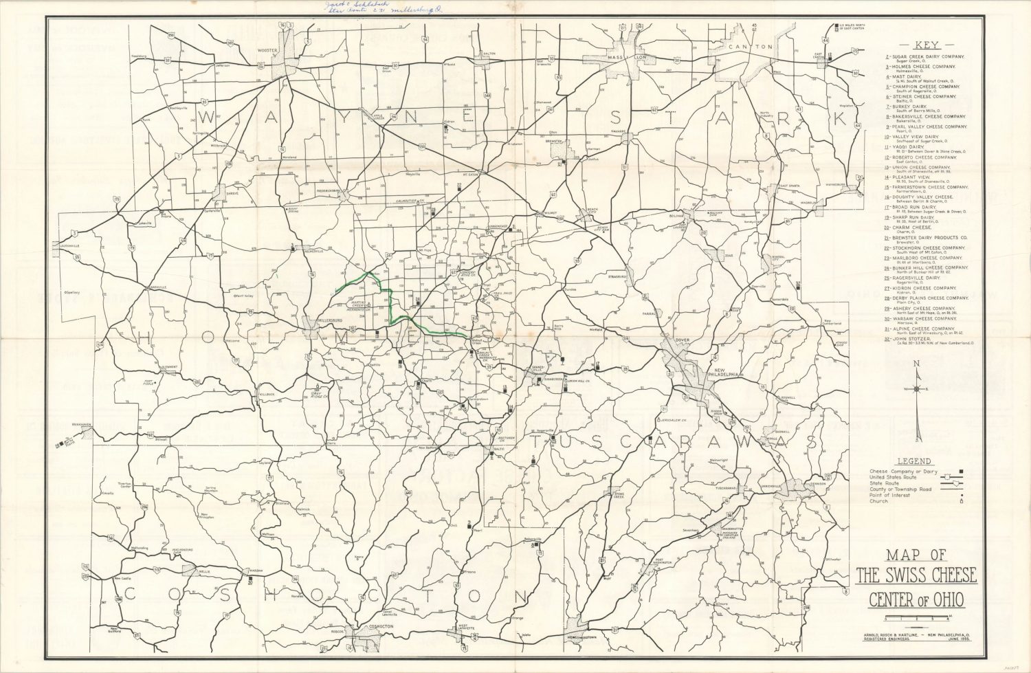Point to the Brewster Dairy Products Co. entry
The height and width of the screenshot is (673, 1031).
[929, 238]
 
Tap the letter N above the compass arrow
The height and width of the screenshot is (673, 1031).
[916, 364]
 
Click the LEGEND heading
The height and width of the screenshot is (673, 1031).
[915, 461]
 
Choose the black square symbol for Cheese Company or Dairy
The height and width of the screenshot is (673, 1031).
[960, 472]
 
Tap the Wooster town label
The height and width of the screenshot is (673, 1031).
[267, 51]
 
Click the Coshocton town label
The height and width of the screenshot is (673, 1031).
[379, 627]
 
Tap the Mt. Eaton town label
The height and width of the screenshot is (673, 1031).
[470, 175]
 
